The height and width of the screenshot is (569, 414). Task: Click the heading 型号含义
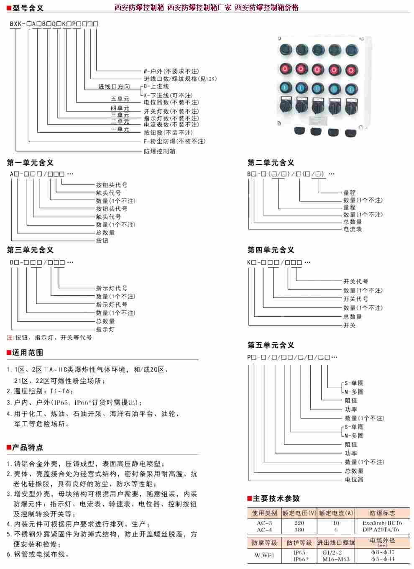tap(28, 8)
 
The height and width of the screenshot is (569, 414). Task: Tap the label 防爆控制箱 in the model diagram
tap(159, 151)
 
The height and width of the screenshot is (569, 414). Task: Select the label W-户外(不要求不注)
tap(171, 71)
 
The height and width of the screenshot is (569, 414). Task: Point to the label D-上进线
tap(156, 86)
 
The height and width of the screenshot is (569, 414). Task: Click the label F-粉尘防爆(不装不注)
tap(174, 141)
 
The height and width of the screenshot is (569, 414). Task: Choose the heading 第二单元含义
tap(271, 163)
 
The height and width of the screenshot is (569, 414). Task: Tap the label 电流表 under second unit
tap(353, 229)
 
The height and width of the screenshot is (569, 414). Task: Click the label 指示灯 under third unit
tap(105, 329)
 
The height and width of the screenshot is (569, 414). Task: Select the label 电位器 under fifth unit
tap(354, 479)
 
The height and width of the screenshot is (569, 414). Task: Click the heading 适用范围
tap(28, 352)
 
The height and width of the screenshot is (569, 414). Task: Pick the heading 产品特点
tap(28, 447)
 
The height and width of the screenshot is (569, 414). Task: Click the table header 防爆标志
tap(382, 513)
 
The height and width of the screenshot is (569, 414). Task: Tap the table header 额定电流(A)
tap(336, 513)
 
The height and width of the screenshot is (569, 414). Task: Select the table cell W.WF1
tap(264, 556)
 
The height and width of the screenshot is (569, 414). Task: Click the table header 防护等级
tap(299, 543)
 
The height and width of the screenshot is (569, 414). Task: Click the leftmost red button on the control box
tap(286, 69)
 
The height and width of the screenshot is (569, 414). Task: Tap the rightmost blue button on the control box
tap(351, 89)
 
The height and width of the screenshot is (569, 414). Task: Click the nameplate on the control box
tap(317, 120)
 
